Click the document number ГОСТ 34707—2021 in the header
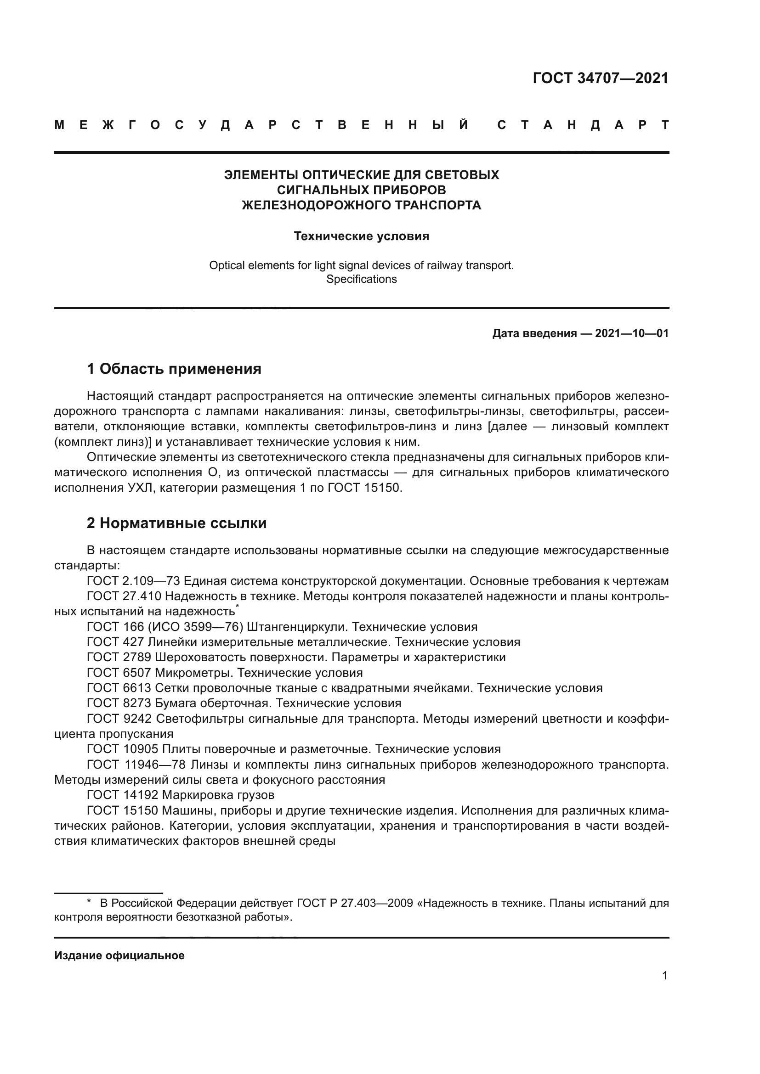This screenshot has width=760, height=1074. (x=601, y=78)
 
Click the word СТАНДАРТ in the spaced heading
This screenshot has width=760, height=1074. (x=583, y=125)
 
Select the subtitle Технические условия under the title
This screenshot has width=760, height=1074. (x=361, y=236)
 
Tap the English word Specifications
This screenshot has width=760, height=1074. (x=361, y=279)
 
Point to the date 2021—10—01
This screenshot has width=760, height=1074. (x=632, y=333)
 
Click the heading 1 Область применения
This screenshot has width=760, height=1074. (x=174, y=369)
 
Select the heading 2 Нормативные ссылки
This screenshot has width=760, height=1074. (x=176, y=523)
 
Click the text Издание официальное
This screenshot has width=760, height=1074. (x=119, y=955)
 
